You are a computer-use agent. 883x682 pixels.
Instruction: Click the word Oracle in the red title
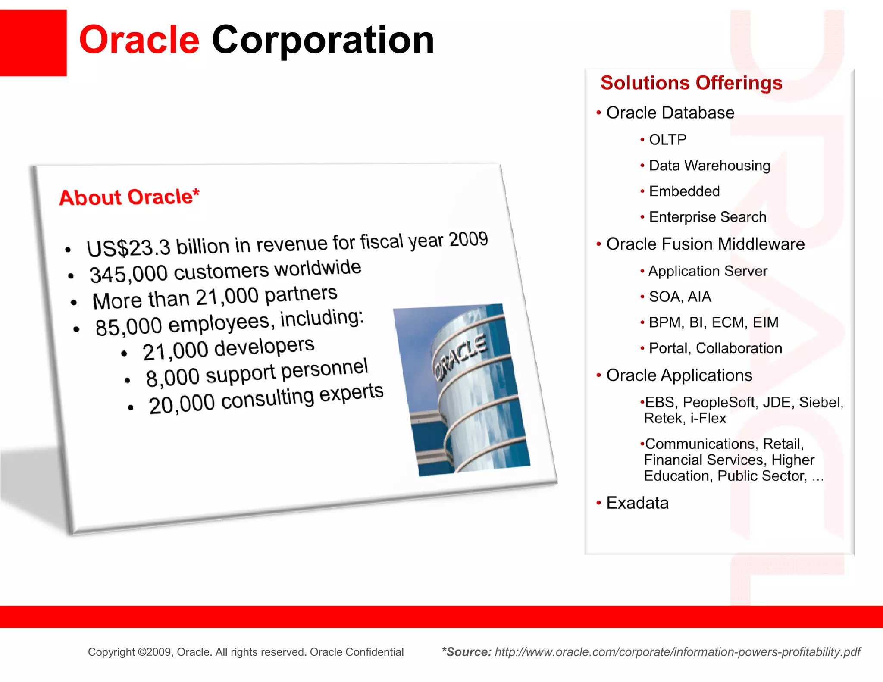tap(139, 40)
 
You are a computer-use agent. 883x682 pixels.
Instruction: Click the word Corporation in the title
tap(323, 41)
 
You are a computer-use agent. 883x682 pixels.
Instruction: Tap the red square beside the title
tap(33, 43)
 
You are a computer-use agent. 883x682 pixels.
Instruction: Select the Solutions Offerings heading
tap(691, 83)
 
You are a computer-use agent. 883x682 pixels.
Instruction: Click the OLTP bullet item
tap(667, 140)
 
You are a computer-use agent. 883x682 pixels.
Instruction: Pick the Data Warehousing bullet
tap(709, 166)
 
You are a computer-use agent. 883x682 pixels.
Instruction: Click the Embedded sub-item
tap(684, 191)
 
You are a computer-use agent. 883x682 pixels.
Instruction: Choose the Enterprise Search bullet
tap(708, 217)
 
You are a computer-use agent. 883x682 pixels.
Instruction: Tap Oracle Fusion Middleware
tap(705, 244)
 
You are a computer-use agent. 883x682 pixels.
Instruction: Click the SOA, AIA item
tap(680, 297)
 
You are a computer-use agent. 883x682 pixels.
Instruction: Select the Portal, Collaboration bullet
tap(715, 348)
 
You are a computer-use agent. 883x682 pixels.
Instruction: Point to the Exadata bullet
tap(637, 503)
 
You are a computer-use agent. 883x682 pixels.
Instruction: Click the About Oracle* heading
tap(129, 197)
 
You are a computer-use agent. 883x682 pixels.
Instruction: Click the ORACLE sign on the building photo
tap(460, 357)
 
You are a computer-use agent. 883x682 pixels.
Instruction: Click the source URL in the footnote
tap(677, 652)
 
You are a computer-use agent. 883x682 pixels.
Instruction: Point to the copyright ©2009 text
tap(246, 652)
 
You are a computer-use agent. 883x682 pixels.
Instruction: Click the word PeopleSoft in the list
tap(718, 402)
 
